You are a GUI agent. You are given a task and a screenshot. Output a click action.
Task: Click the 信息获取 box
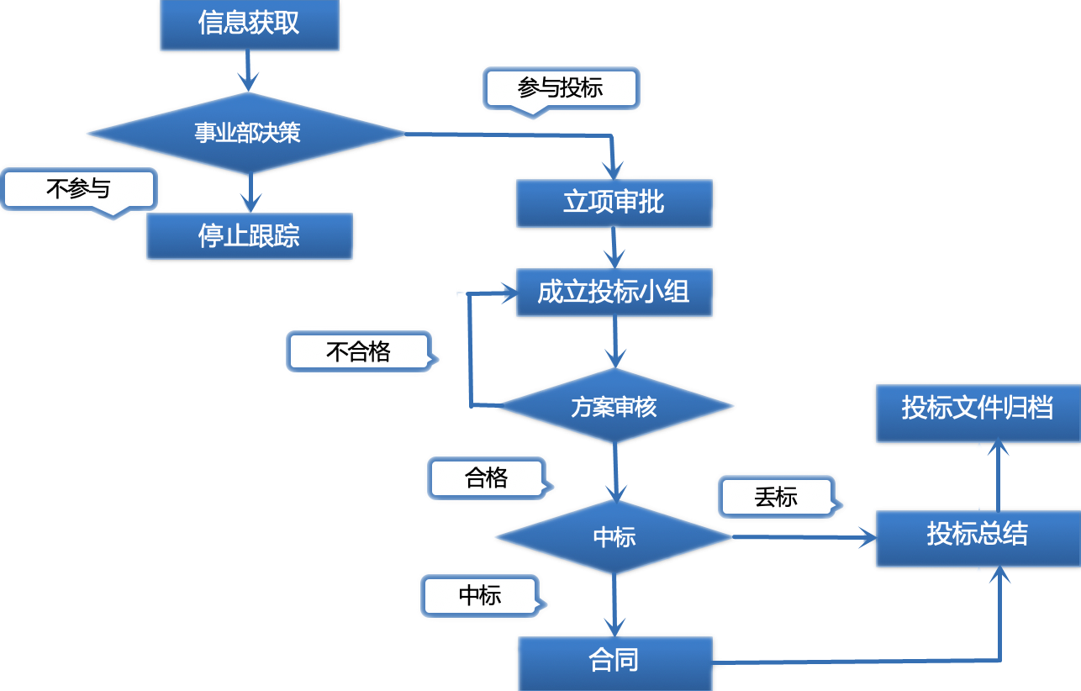(249, 24)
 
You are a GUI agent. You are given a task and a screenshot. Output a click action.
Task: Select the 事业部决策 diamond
(249, 133)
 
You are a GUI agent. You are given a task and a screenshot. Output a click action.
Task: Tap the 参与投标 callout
(560, 87)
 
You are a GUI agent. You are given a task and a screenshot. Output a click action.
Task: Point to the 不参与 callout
(78, 189)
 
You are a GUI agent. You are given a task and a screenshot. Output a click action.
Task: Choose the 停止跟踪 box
(249, 236)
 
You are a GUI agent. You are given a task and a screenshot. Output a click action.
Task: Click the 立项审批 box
(614, 203)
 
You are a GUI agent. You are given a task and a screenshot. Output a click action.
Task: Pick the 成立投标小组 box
(614, 293)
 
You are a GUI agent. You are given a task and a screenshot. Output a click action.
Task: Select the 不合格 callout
(359, 351)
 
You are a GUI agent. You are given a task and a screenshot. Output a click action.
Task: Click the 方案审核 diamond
(614, 407)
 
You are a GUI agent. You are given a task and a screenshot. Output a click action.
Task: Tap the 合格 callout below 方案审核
(487, 478)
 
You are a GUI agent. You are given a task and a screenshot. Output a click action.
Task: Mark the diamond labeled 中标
(614, 537)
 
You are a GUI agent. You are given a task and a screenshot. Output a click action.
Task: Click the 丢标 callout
(775, 497)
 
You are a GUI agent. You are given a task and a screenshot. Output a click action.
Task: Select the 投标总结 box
(977, 535)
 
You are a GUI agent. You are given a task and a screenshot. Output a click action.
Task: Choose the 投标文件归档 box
(977, 409)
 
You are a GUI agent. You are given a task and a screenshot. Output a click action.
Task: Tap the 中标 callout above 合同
(480, 596)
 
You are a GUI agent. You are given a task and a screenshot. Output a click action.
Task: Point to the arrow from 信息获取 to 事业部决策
(247, 72)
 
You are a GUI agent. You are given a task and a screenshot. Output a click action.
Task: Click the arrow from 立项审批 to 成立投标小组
(614, 249)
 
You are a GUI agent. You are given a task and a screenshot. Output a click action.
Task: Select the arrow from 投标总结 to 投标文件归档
(998, 475)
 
